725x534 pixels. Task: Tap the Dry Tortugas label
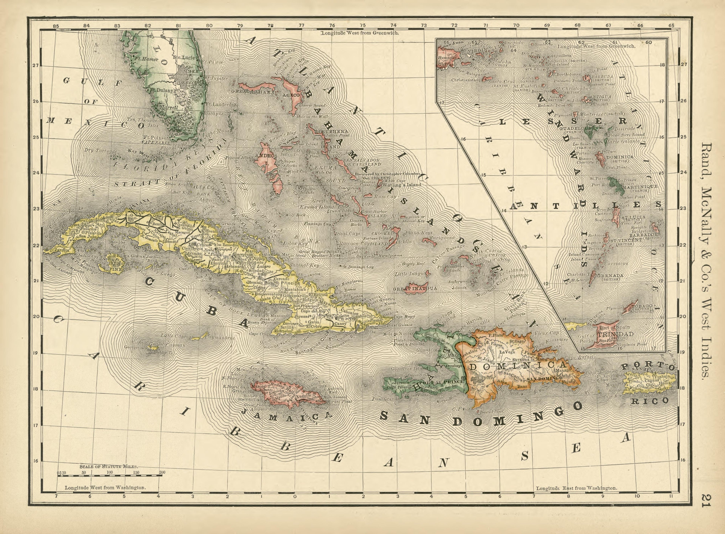coord(100,150)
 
